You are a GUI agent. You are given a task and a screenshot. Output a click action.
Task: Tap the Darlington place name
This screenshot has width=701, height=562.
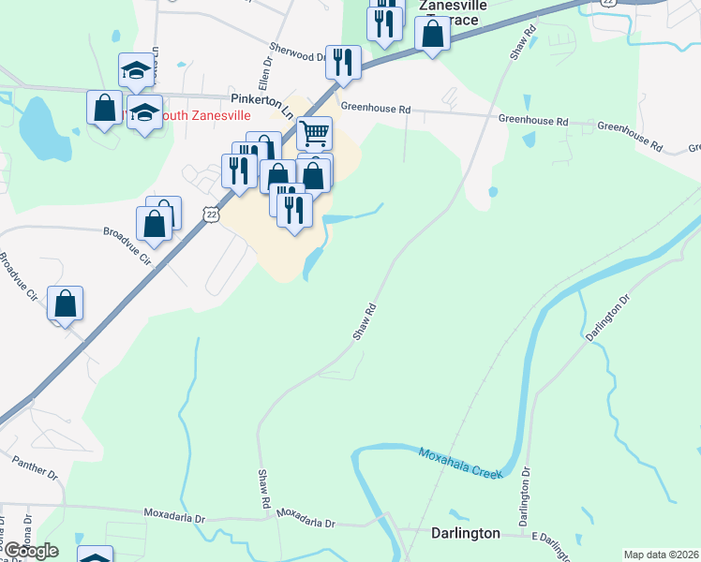coord(465,533)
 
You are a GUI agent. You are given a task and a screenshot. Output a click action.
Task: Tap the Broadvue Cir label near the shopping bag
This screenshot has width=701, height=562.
coord(127,245)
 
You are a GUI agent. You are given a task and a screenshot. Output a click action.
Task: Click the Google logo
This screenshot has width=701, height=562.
coord(31,550)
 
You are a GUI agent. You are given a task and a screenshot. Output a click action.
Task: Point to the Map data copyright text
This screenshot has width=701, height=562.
coord(662,555)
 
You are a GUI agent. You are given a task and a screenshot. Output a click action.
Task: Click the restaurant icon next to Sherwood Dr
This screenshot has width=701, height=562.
coord(343,62)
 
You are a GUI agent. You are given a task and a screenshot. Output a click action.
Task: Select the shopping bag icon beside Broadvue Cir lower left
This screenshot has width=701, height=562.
coord(65,304)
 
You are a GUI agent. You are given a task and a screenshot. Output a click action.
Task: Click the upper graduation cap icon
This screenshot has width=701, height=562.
coord(136,69)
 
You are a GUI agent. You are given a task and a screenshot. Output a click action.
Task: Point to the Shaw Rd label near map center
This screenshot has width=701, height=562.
coord(365,321)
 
